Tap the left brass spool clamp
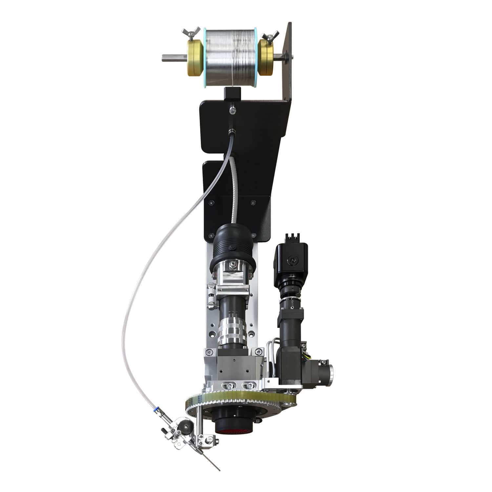coord(195,58)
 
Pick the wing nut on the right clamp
coord(271,35)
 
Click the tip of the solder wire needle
coord(219,470)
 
